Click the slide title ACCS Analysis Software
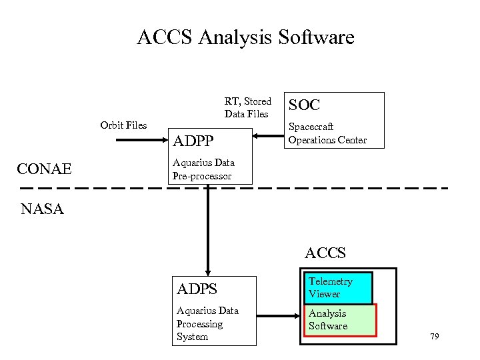245,37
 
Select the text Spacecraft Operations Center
327,133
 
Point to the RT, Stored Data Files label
247,107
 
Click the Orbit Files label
123,125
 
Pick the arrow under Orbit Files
140,140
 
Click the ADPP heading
193,141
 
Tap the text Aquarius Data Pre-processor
203,169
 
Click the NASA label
42,209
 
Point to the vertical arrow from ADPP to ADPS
208,227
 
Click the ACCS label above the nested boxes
325,253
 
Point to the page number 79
435,337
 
